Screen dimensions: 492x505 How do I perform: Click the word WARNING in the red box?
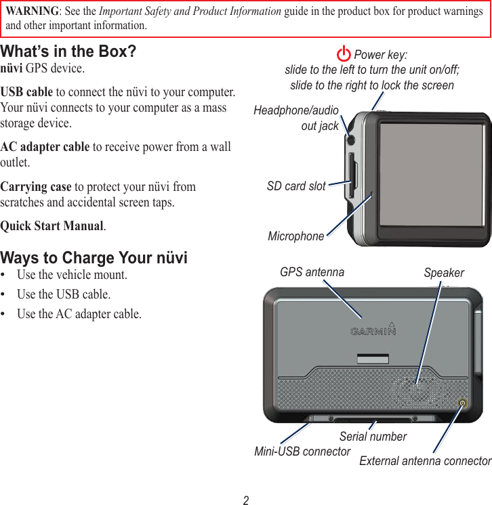(x=32, y=12)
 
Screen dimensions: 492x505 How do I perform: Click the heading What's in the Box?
(x=68, y=52)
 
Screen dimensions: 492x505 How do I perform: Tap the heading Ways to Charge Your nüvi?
(x=94, y=258)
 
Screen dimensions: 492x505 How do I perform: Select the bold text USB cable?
(x=26, y=92)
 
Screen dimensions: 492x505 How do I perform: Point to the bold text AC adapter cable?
(x=45, y=147)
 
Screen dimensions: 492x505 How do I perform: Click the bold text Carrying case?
(x=36, y=187)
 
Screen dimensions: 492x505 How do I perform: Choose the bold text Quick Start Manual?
(x=52, y=226)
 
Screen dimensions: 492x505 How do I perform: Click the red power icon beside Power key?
(x=344, y=54)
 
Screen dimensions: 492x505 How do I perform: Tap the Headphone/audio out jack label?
(x=296, y=118)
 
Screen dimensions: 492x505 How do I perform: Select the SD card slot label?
(x=296, y=185)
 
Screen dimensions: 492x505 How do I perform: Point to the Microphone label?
(x=296, y=236)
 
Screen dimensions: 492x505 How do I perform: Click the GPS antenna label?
(x=312, y=272)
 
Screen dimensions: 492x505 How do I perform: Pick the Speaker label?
(x=444, y=273)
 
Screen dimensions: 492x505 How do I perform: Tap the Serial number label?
(x=373, y=437)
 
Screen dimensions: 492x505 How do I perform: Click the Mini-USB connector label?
(x=302, y=452)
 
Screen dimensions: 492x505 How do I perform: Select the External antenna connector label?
(x=425, y=461)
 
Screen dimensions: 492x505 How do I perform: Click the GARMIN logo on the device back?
(x=373, y=330)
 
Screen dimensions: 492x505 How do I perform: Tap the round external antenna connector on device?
(x=463, y=403)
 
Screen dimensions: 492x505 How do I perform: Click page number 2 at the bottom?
(x=246, y=500)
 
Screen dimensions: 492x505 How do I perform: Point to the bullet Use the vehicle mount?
(x=72, y=275)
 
